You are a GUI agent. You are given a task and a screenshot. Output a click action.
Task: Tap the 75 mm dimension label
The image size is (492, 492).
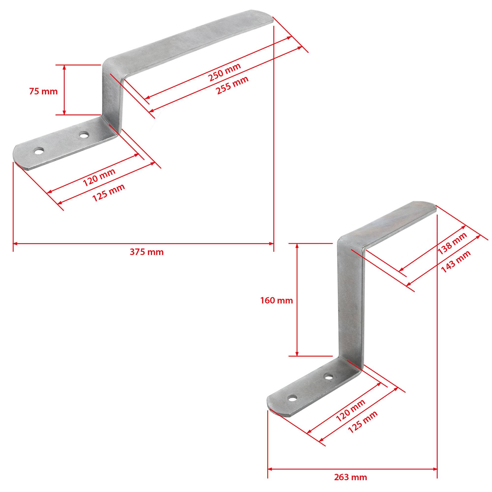pos(43,92)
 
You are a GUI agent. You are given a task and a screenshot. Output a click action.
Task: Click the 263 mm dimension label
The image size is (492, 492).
pos(350,477)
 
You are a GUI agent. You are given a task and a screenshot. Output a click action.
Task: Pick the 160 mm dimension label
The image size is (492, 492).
pos(277,301)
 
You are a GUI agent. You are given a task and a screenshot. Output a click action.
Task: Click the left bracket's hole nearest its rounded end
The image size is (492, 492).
pos(39,152)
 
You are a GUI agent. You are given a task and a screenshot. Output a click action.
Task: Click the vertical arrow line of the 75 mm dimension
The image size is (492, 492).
pos(64,90)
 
